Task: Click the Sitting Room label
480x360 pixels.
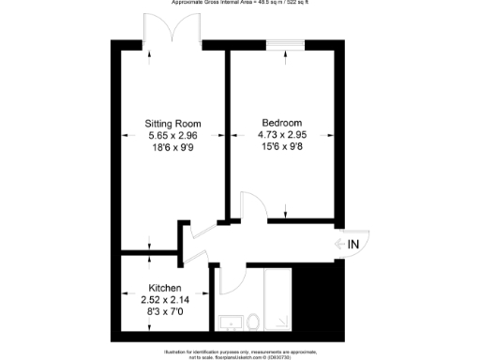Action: [x=172, y=123]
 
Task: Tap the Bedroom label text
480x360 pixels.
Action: [x=281, y=123]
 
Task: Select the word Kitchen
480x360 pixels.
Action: [x=165, y=288]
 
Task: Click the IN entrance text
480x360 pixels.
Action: [x=353, y=245]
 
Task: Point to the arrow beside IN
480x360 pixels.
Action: [x=339, y=245]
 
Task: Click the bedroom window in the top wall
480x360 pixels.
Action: [x=284, y=43]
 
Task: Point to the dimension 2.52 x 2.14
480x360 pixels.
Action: [x=165, y=299]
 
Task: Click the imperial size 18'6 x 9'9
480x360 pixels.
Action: [x=172, y=147]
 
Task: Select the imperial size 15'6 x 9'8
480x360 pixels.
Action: [x=281, y=147]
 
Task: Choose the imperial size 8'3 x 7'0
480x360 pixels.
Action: [x=165, y=311]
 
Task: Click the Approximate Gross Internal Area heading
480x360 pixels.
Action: [x=240, y=3]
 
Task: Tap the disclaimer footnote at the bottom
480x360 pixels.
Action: [x=240, y=354]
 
